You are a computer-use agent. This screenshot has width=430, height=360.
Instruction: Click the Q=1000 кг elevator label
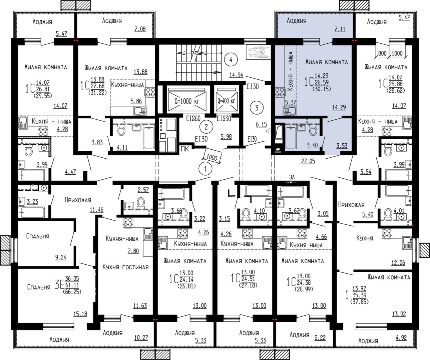187,101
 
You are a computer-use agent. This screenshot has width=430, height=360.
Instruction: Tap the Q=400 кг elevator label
226,101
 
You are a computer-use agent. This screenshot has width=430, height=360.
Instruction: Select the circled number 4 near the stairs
231,60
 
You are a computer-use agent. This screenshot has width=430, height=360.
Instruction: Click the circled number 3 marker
257,108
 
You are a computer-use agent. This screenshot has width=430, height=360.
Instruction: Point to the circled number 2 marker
206,127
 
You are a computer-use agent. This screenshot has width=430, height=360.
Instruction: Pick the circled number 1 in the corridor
205,169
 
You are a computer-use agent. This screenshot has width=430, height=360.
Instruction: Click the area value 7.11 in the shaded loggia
340,29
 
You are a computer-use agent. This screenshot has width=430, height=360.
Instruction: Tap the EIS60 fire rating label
193,119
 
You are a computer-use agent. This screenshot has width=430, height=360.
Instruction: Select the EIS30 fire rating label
224,119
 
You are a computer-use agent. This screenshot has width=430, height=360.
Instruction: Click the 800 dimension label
382,53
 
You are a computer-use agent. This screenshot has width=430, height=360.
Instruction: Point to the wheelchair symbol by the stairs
258,52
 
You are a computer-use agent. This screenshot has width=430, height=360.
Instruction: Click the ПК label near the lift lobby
185,149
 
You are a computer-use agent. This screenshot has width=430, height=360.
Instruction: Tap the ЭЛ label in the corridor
292,177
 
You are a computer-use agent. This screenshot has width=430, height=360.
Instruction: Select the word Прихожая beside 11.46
78,200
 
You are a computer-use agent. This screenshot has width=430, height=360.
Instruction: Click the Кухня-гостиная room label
125,267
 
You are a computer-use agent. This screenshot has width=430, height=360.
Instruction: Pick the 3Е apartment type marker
59,285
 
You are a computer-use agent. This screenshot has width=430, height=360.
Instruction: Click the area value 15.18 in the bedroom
80,314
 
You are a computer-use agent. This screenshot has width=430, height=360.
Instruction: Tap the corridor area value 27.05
308,161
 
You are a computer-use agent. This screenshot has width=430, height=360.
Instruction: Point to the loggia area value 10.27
141,338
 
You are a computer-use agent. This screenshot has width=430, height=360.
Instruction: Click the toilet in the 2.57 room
141,203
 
